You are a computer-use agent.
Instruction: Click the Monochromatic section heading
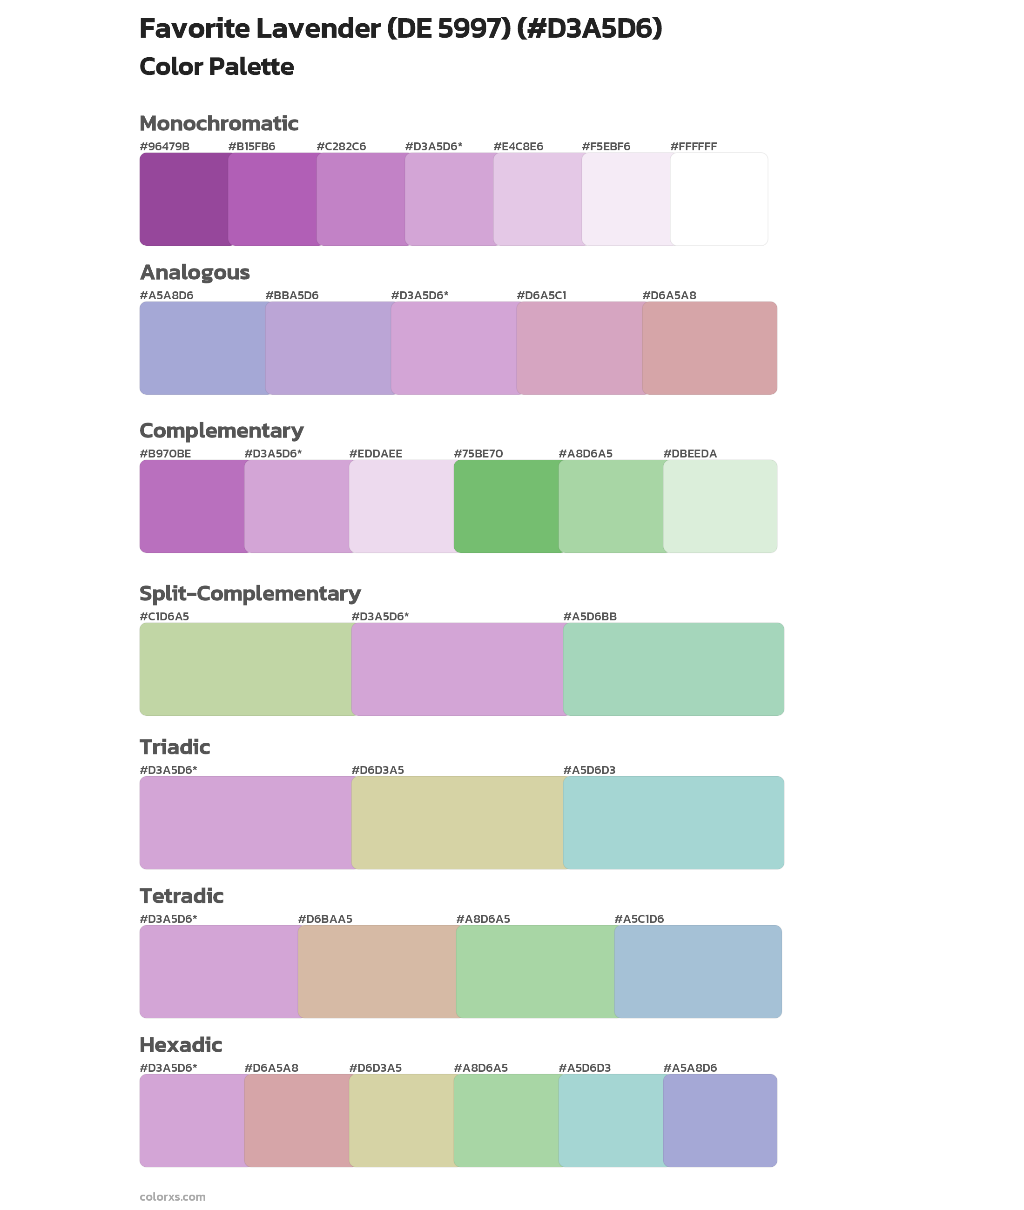[x=219, y=124]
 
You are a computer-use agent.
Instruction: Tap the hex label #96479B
[x=164, y=146]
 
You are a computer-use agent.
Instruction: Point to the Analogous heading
[x=195, y=272]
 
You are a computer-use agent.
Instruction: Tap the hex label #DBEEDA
[x=690, y=454]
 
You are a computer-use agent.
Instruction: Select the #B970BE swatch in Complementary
[x=192, y=506]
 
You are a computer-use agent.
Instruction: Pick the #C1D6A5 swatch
[x=245, y=669]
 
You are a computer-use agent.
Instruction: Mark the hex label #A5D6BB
[x=590, y=616]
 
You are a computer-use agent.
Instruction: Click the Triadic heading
[x=175, y=747]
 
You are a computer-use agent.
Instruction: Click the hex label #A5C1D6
[x=639, y=919]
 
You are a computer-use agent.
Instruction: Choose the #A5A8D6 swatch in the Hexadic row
[x=720, y=1120]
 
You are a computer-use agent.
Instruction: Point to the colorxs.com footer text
[x=172, y=1197]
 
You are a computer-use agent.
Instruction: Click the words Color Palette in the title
[x=216, y=67]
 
